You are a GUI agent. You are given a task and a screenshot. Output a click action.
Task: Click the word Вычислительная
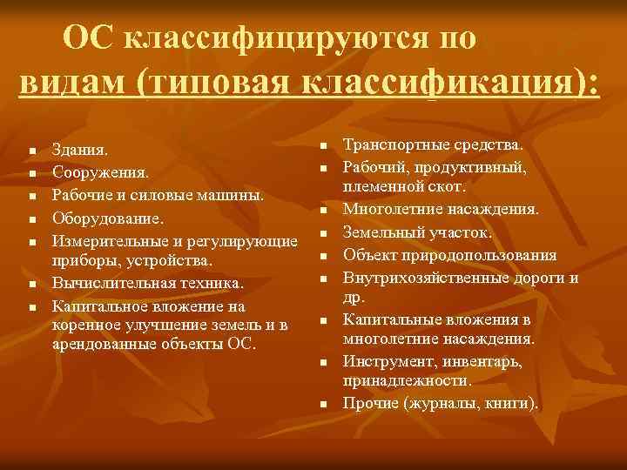108,284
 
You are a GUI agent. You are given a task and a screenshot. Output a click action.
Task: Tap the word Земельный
382,232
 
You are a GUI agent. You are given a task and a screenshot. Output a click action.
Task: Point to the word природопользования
487,255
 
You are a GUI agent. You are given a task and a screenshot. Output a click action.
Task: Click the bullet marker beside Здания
30,152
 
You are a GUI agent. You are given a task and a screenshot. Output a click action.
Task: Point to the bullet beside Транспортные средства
320,145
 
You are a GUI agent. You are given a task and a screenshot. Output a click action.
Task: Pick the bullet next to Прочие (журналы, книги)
320,406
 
